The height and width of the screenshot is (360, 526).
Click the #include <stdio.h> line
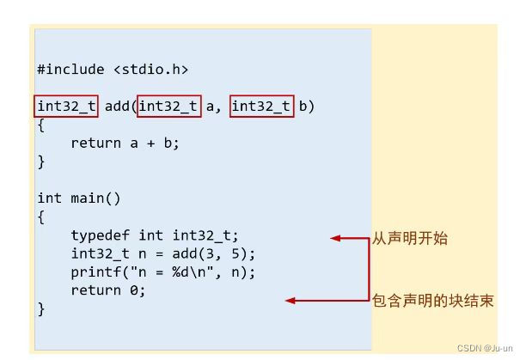click(x=112, y=69)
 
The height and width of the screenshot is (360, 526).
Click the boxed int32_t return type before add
click(x=68, y=107)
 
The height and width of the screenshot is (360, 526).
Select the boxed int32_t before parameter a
click(x=168, y=107)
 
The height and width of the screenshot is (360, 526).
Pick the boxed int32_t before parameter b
click(x=261, y=107)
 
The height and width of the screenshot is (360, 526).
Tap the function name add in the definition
click(x=118, y=107)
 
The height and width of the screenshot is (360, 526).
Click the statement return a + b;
click(x=125, y=143)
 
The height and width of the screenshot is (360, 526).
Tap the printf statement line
click(x=163, y=272)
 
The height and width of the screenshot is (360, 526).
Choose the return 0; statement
click(x=108, y=290)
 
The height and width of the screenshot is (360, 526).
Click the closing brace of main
click(x=41, y=308)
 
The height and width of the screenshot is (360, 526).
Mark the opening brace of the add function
click(x=41, y=125)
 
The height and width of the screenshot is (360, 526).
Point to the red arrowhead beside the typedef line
click(x=336, y=239)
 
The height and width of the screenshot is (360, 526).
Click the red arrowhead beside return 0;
click(x=291, y=301)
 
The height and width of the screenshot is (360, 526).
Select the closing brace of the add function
click(x=41, y=162)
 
